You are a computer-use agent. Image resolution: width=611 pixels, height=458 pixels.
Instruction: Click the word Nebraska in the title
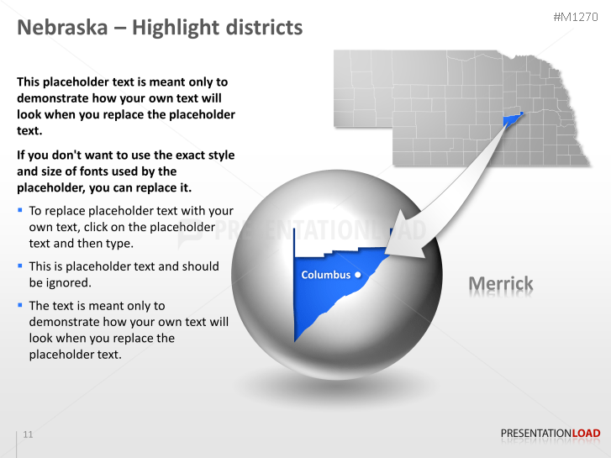pos(63,27)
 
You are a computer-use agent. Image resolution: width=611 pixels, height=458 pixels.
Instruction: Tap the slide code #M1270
pos(577,17)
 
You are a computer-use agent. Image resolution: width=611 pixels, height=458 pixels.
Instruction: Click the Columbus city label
pos(325,275)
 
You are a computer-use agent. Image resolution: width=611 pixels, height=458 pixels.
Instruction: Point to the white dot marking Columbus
pos(358,275)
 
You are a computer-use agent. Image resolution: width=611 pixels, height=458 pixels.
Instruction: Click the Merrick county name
pos(501,284)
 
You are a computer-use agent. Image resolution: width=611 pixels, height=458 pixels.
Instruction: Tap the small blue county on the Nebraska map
pos(511,119)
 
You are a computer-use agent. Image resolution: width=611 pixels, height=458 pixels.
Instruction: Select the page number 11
pos(29,434)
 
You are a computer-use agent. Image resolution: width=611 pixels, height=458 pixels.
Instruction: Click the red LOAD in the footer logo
pos(587,434)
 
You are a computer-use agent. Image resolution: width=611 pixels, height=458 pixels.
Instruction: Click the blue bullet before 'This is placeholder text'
pos(20,265)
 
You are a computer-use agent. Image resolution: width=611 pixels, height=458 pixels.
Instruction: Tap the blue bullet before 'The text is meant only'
pos(20,304)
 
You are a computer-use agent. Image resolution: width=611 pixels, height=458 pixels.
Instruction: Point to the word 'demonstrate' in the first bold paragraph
pos(54,97)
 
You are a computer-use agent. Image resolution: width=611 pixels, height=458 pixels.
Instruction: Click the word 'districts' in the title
pos(264,27)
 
